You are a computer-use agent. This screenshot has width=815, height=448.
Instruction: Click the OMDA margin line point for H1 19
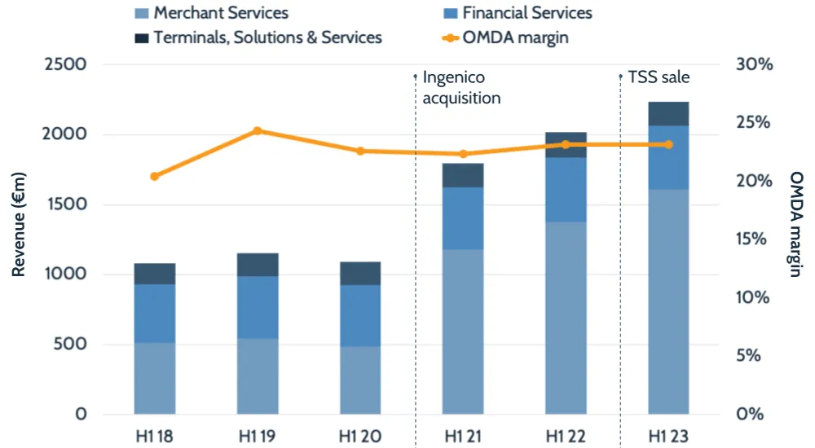pos(258,130)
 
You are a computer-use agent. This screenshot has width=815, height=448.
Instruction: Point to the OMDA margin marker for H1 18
pos(155,176)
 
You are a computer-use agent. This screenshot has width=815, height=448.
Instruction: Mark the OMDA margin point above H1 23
pos(668,144)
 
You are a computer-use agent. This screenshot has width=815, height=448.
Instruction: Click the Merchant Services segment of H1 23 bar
pos(668,301)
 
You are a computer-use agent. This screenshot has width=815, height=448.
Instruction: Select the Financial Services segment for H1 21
pos(463,218)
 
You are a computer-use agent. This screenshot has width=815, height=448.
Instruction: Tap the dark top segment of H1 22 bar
pos(566,144)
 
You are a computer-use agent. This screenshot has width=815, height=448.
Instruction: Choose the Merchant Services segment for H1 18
pos(155,378)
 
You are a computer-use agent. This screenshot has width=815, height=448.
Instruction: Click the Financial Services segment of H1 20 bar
pos(360,315)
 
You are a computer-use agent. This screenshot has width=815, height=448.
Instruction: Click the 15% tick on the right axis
pos(755,239)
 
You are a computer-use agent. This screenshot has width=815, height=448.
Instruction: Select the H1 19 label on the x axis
pos(258,435)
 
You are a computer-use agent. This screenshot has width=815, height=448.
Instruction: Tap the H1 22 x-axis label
pos(566,435)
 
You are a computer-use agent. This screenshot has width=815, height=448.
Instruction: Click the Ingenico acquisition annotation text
pos(461,88)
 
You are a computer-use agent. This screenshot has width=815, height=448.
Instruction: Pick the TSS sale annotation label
pos(659,78)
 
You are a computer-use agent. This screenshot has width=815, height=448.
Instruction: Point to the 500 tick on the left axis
pos(70,344)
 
